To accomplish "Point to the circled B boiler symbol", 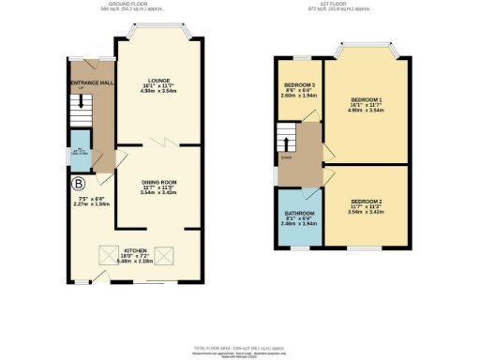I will [x=79, y=184].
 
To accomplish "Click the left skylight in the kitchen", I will [x=129, y=253].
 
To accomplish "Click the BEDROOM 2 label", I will [x=365, y=202].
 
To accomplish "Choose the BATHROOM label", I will [x=299, y=213].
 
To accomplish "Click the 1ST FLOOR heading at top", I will [x=347, y=4].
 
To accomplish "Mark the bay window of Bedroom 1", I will [x=367, y=47].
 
